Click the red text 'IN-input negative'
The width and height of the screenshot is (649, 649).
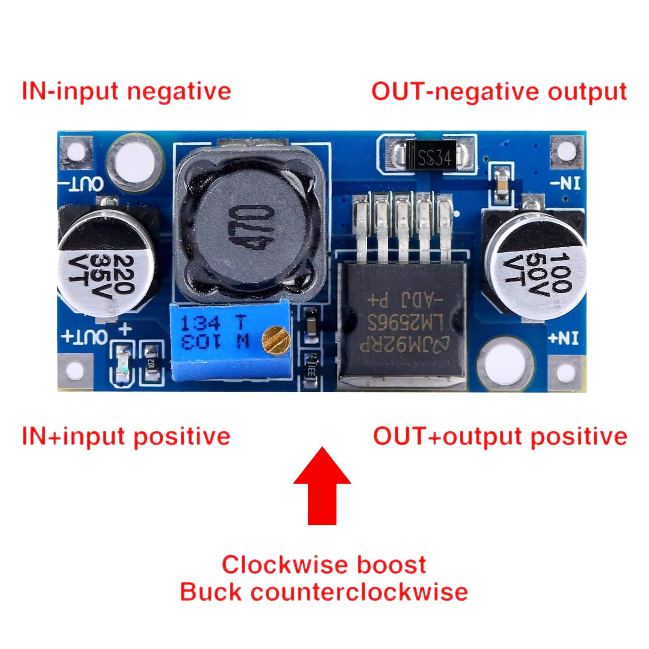[126, 91]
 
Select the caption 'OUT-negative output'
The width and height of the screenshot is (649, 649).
[499, 92]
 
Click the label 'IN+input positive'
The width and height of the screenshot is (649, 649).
[126, 436]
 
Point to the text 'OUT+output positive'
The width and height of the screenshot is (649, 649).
[500, 436]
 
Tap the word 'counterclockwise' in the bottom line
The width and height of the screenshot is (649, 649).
[359, 592]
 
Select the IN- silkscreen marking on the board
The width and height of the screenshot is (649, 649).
[565, 183]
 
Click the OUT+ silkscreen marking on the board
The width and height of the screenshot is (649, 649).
[84, 337]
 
